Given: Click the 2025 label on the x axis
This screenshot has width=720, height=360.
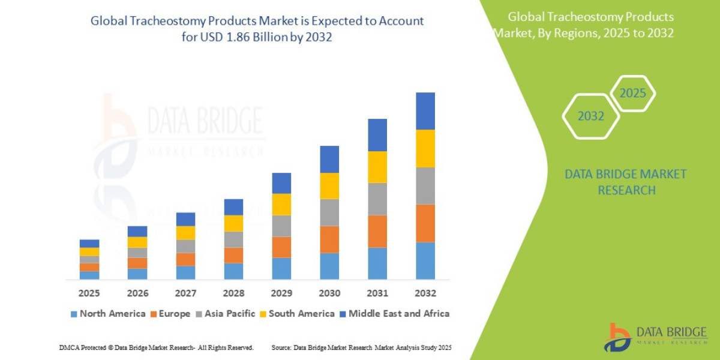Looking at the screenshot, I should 89,293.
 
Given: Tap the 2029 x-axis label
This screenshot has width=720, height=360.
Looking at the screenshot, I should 281,293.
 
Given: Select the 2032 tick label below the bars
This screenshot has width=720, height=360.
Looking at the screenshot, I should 425,293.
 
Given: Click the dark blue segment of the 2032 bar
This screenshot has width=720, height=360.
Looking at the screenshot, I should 425,111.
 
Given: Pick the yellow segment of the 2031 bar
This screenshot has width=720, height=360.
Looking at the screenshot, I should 377,167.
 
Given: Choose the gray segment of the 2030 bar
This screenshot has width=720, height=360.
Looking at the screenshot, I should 329,212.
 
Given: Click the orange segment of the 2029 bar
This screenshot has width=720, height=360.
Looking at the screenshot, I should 281,247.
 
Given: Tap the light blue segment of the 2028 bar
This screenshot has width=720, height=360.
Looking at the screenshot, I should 233,271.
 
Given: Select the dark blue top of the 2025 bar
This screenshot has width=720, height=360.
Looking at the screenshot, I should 89,244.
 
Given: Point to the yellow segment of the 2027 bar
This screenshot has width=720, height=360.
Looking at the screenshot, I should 185,233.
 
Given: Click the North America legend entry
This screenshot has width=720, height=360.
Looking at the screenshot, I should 108,313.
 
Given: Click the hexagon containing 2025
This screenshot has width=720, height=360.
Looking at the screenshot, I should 632,94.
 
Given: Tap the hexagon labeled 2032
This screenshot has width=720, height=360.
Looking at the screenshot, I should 590,116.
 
